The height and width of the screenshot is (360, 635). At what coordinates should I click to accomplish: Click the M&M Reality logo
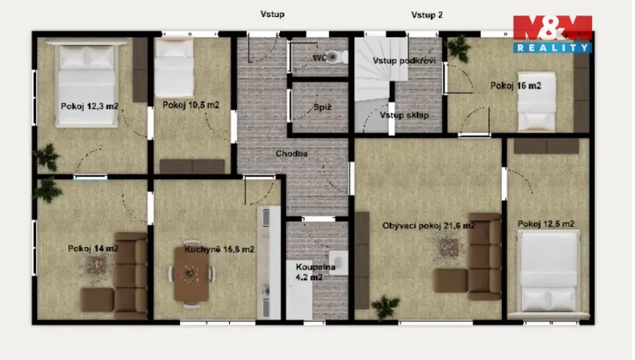point(552,34)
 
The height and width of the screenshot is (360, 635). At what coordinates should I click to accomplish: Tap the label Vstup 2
point(427,14)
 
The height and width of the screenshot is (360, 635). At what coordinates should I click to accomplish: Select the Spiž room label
point(322,108)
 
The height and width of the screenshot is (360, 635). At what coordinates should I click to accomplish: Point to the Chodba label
point(291,154)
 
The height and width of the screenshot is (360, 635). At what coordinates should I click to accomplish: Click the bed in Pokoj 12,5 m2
point(547,271)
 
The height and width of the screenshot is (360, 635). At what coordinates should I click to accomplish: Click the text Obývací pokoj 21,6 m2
point(428,225)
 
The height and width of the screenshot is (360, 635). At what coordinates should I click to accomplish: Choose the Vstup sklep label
point(404,115)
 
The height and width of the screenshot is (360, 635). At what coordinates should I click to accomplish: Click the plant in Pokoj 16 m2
point(459,50)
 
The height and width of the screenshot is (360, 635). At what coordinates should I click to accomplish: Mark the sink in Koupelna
point(337,262)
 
